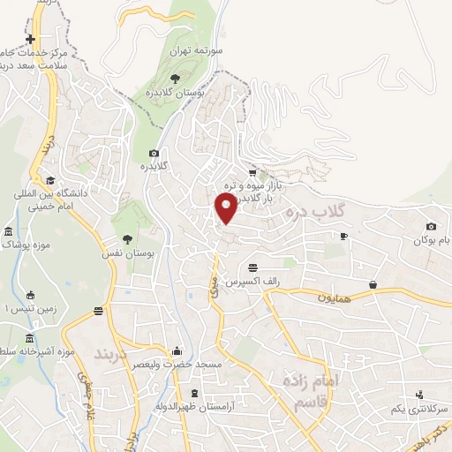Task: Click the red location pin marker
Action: tap(227, 208)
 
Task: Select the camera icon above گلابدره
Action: tap(154, 153)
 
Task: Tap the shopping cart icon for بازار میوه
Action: tap(253, 172)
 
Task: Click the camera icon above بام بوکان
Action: tap(431, 227)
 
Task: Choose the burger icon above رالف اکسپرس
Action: tap(253, 267)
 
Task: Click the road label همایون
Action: tap(336, 298)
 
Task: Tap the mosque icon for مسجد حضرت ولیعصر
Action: tap(177, 350)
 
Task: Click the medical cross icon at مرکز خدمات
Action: tap(32, 40)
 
